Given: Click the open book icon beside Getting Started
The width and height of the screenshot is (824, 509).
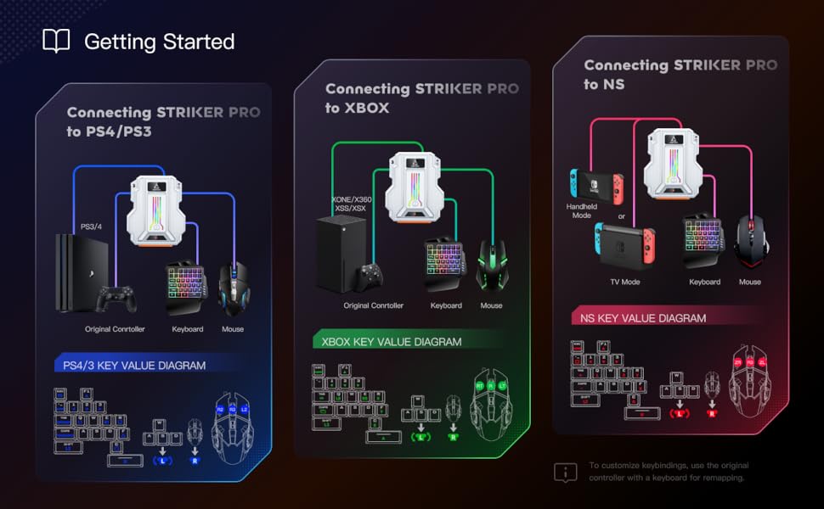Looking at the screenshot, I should click(56, 41).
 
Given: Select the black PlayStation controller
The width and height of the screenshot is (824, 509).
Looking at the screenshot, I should click(115, 299).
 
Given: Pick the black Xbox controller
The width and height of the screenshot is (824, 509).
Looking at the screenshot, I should click(369, 277).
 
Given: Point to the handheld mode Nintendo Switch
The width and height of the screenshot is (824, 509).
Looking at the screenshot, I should click(595, 182).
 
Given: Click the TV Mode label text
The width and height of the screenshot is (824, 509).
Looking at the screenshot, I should click(625, 282).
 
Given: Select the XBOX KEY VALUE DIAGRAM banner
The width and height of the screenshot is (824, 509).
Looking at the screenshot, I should click(392, 342).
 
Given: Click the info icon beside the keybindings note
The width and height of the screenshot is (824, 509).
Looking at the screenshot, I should click(565, 472).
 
